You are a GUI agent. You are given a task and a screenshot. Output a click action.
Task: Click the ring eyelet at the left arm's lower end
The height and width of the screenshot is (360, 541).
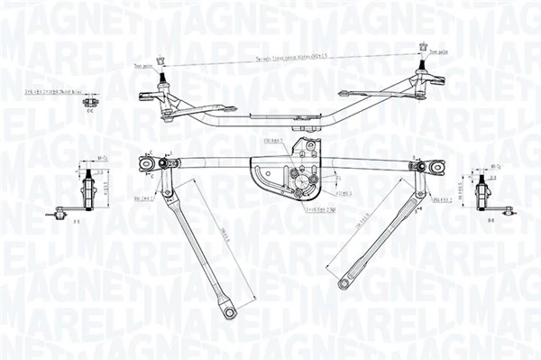click(230, 312)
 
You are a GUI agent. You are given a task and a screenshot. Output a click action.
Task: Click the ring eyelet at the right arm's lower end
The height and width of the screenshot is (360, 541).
click(344, 284)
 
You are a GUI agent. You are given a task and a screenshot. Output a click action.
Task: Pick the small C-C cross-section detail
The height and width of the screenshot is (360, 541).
click(90, 102)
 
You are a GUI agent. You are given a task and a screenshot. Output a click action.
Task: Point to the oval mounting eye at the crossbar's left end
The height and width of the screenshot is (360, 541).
click(146, 163)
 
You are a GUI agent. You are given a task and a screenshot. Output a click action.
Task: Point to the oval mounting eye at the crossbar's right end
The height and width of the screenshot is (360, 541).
click(437, 167)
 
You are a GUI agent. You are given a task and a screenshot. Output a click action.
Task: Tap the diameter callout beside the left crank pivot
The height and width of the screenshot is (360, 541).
click(143, 198)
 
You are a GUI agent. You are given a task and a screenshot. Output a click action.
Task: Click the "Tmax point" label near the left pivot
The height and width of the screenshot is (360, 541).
click(141, 66)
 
